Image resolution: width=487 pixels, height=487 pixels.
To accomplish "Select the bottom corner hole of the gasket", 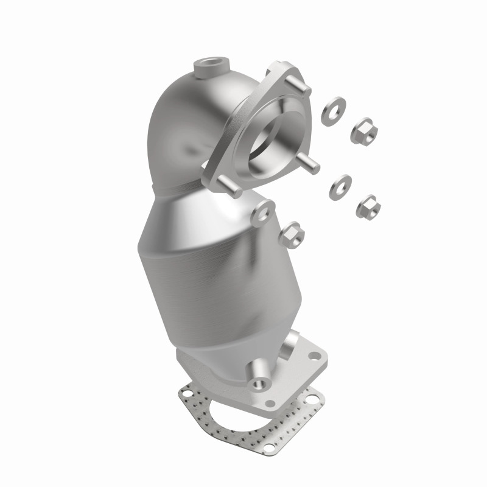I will pos(261,463).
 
